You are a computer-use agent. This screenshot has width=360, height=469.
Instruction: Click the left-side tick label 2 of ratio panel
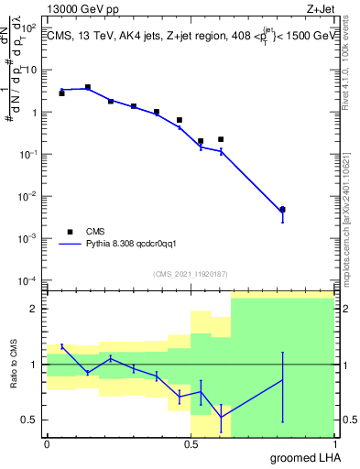(36, 309)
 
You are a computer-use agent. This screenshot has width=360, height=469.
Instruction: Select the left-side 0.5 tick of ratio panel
(32, 420)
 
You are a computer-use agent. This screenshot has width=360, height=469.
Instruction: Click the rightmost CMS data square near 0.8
(282, 210)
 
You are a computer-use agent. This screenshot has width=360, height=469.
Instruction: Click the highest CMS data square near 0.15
(88, 87)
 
